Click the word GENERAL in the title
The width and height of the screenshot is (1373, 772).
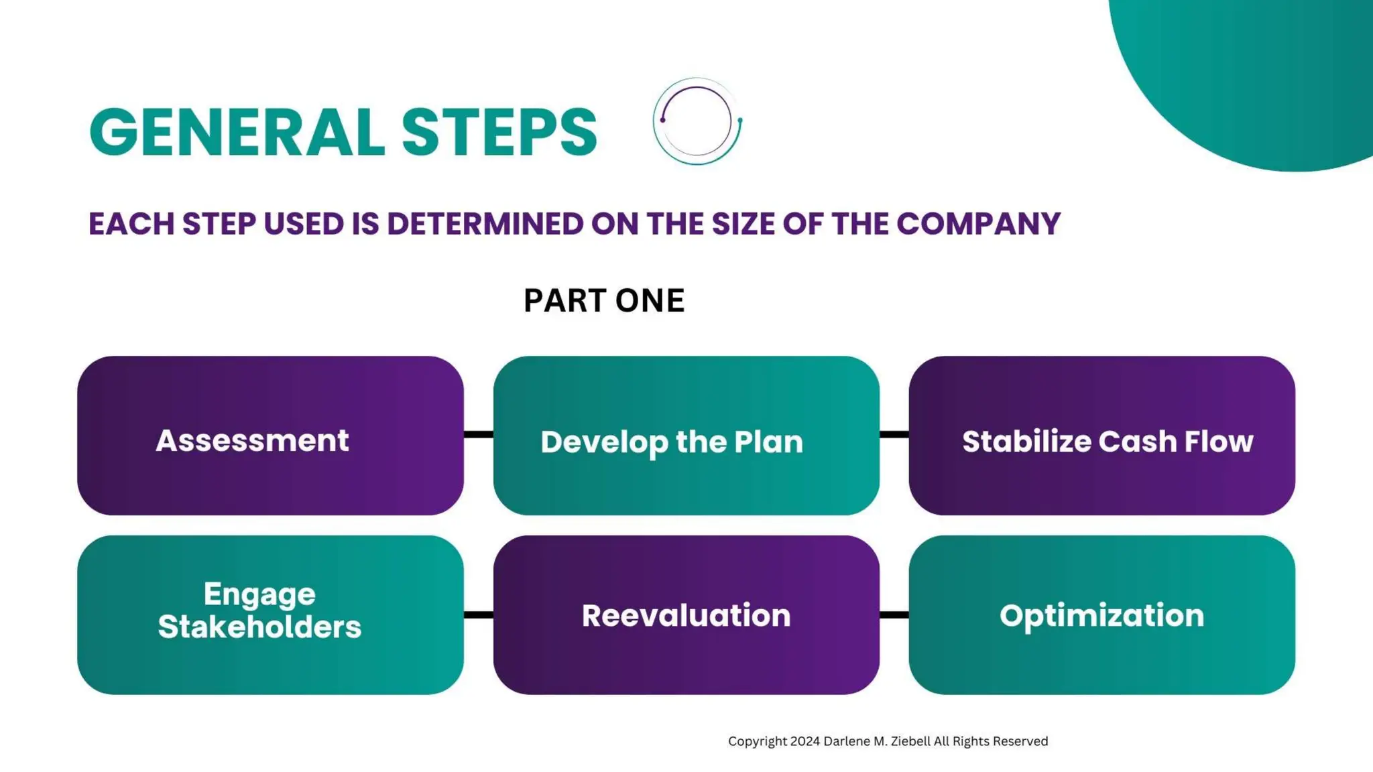(236, 132)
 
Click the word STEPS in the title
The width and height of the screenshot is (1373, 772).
(499, 132)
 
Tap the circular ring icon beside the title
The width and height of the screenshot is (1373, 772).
(697, 121)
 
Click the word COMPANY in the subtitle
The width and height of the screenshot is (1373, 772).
(978, 224)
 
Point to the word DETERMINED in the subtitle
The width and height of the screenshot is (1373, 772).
(485, 224)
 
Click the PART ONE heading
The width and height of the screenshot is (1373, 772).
(603, 300)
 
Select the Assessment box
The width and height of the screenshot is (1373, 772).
(270, 436)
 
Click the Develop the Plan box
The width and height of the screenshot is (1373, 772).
(686, 436)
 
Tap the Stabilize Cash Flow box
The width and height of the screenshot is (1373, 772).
(1101, 436)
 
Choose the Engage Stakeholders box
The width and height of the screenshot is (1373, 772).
(270, 615)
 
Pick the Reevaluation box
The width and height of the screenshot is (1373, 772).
(686, 615)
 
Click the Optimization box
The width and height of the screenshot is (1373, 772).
(1101, 615)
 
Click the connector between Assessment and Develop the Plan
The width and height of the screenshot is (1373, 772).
(478, 435)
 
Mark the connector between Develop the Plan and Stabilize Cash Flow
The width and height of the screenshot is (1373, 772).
(894, 435)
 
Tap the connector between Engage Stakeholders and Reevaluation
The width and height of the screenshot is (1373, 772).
(478, 615)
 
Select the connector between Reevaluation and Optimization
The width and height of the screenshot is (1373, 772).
(894, 615)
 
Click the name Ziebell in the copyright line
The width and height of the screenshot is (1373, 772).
(911, 741)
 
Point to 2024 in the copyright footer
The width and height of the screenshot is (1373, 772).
(804, 741)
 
